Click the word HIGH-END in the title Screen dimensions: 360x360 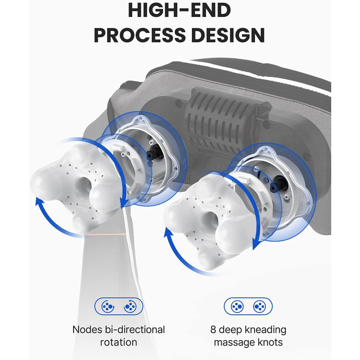[x=179, y=10]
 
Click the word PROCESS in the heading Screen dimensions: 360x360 [x=139, y=35]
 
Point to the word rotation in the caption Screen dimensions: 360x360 [x=119, y=343]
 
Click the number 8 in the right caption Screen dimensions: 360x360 [x=213, y=330]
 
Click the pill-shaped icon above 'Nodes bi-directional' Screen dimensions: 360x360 [x=119, y=307]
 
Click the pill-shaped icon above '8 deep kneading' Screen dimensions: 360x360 [x=248, y=307]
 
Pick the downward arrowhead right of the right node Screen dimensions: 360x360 [x=256, y=244]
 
